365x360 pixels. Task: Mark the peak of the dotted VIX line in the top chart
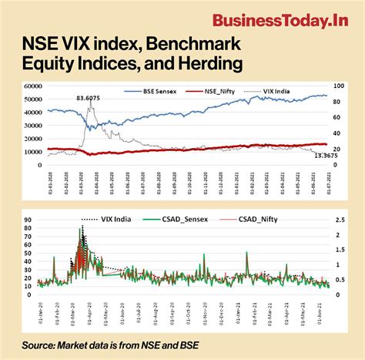click(90, 106)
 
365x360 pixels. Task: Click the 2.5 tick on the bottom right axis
click(339, 220)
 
